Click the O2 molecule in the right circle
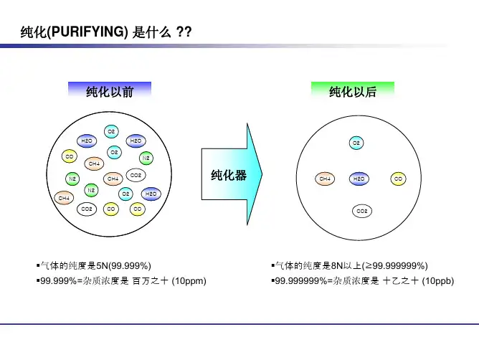pos(356,143)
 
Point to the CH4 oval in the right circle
pos(325,177)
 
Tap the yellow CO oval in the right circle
pos(399,177)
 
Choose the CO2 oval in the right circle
pos(362,211)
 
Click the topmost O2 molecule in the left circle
pos(111,131)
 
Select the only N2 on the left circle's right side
pos(146,157)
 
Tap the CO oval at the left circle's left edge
pos(70,156)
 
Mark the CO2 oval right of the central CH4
pos(136,174)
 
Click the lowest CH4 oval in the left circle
pos(65,197)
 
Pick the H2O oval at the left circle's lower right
pos(151,193)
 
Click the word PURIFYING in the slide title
pos(87,32)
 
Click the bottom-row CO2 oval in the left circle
pos(87,209)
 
